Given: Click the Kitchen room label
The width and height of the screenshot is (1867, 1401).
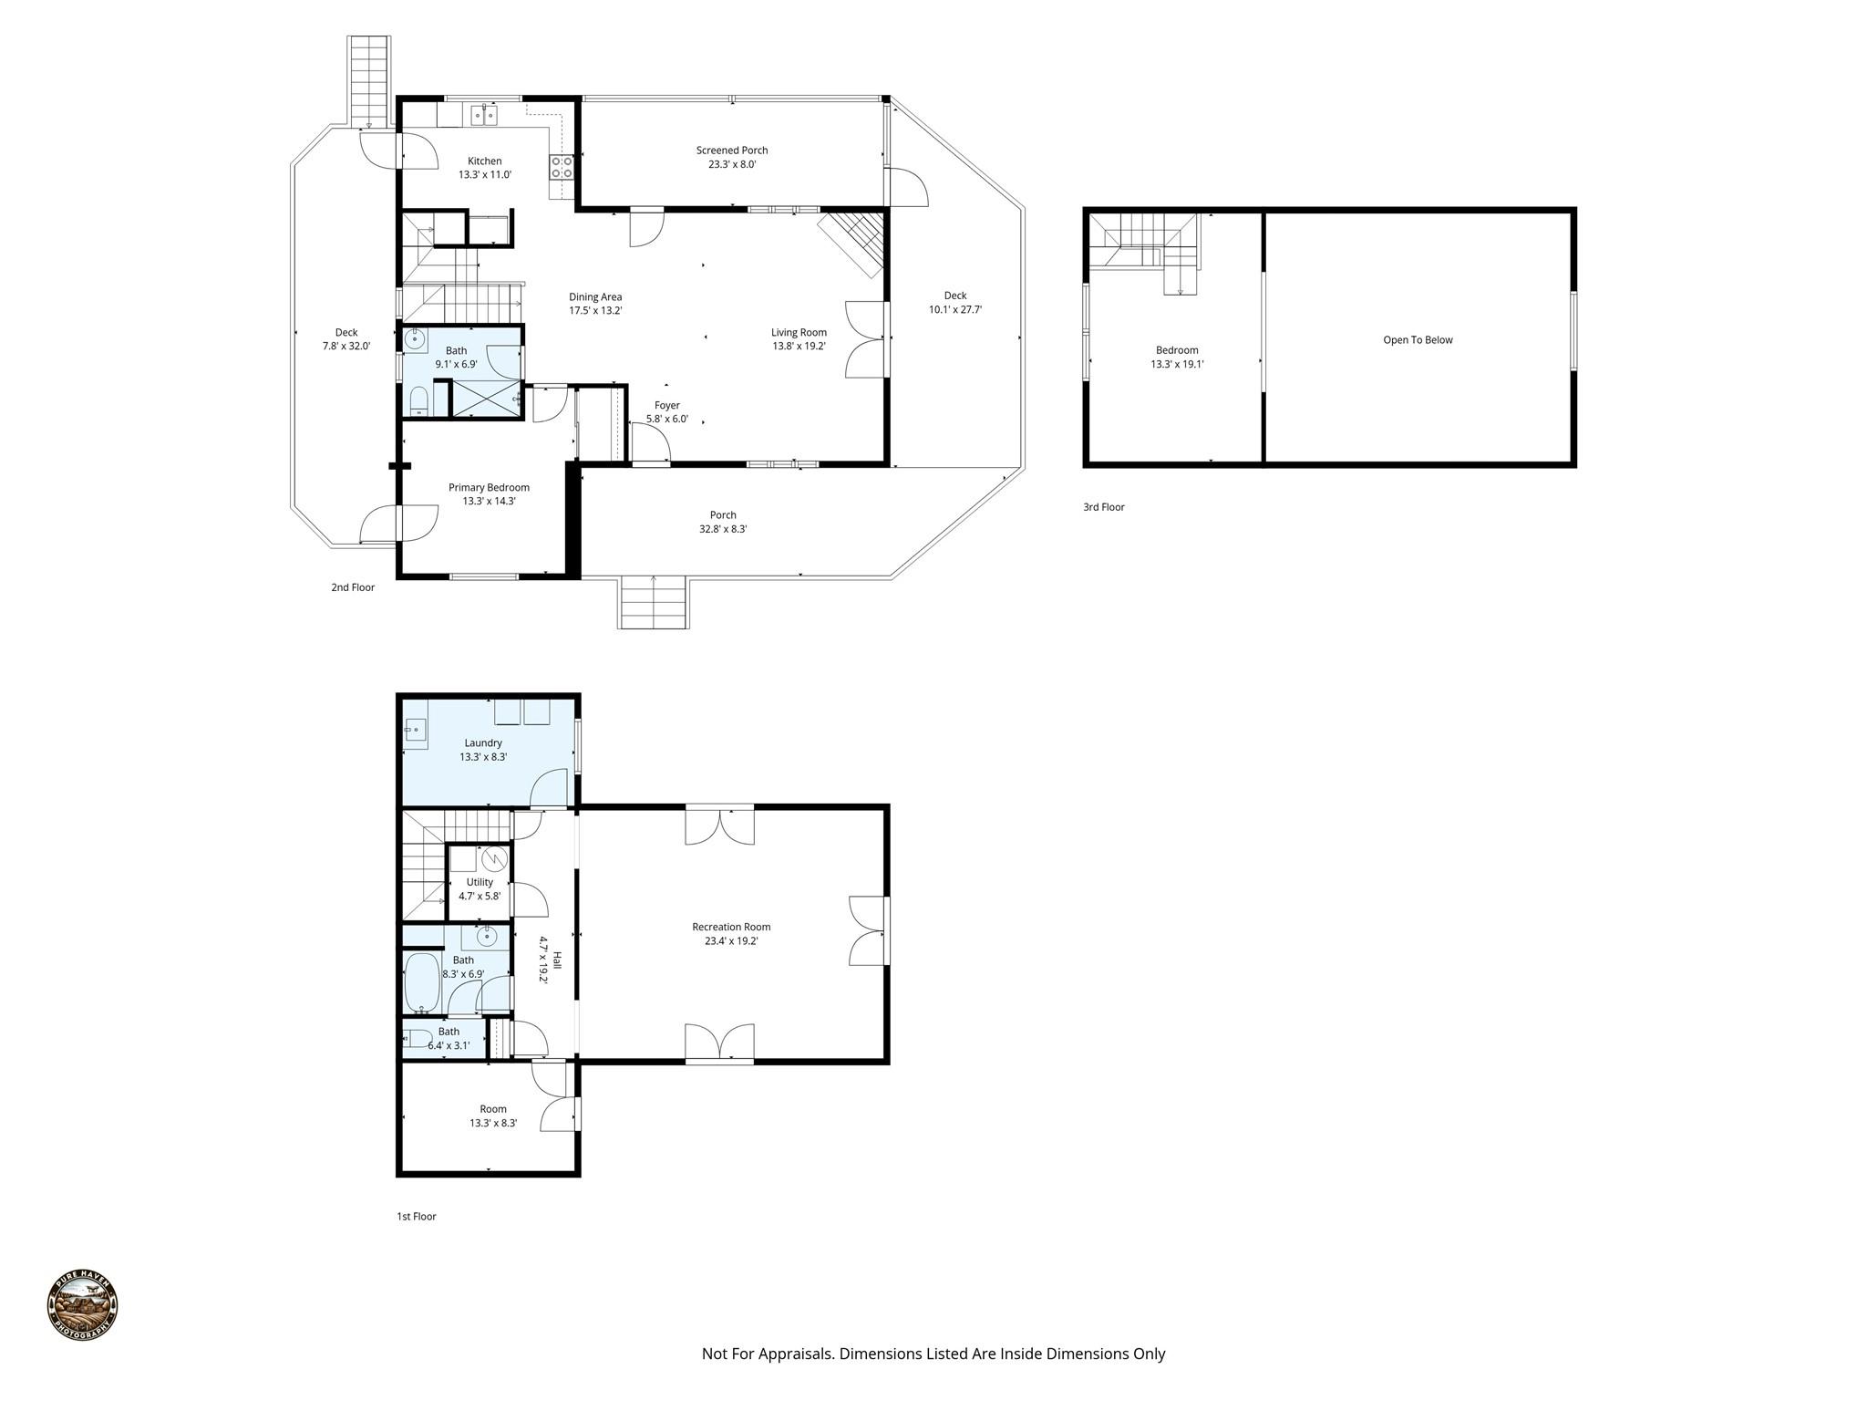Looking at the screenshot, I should coord(484,161).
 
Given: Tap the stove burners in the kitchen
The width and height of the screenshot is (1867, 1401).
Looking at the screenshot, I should coord(562,167).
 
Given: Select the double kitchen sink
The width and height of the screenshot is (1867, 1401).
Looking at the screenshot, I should coord(484,115).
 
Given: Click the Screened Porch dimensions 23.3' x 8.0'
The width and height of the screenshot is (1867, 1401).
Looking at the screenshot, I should coord(732,165).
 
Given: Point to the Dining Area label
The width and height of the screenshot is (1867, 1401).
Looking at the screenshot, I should coord(595,297).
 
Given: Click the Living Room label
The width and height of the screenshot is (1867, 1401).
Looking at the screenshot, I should coord(799,333).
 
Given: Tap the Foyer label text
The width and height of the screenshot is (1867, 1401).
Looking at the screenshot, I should coord(667,406).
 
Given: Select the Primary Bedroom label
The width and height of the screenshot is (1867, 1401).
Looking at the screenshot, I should coord(489,488).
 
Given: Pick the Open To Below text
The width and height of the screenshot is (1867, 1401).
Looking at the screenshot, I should coord(1418,340).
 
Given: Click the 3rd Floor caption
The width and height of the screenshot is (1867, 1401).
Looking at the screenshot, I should coord(1103,507).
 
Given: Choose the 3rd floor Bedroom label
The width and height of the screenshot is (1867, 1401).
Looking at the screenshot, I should coord(1177,350).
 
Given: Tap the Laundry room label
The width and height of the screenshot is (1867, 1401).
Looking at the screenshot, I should coord(483,743).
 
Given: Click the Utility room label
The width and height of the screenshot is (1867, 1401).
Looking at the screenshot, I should coord(480,882).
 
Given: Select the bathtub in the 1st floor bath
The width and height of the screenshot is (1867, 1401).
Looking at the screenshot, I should coord(421,983).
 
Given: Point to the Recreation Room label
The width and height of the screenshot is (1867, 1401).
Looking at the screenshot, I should coord(731,928).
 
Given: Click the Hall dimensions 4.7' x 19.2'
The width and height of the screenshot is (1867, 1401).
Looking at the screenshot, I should coord(543,960).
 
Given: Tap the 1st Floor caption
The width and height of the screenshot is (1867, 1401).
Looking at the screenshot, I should coord(417,1216).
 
